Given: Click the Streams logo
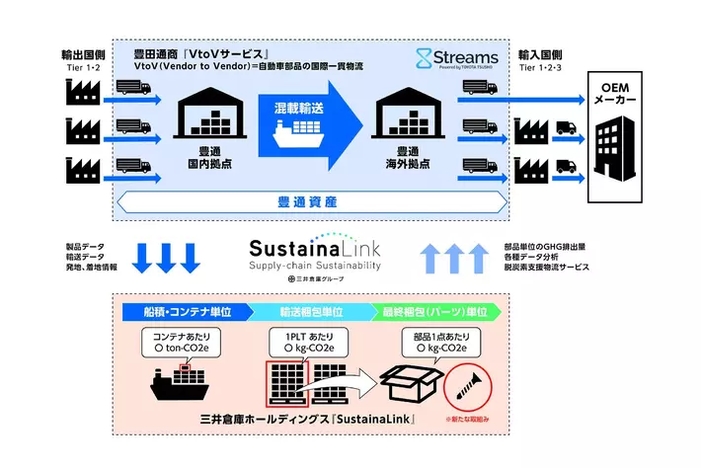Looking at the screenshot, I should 457,58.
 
